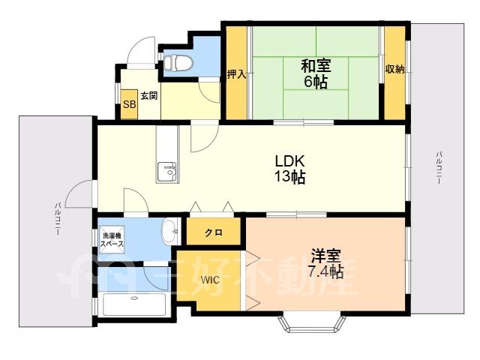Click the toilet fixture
[176, 62]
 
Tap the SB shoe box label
[129, 105]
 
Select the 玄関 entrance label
[149, 96]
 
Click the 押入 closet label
[236, 74]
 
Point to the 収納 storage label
[395, 70]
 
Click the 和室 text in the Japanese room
[316, 66]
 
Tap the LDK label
[289, 160]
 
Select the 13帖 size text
[289, 177]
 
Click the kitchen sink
[167, 172]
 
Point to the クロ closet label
[213, 233]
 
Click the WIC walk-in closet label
[210, 280]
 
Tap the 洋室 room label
[325, 256]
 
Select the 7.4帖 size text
[325, 271]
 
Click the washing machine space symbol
[112, 240]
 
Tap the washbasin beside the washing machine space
[171, 230]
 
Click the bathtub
[134, 304]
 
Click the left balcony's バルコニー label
[57, 220]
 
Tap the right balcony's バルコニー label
[438, 167]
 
